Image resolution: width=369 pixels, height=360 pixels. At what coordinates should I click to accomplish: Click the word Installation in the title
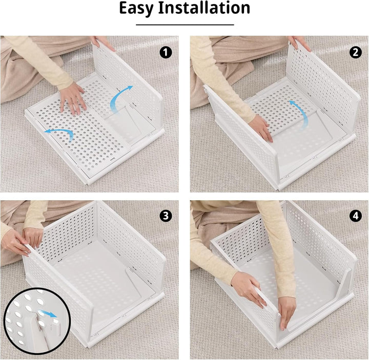(x=204, y=8)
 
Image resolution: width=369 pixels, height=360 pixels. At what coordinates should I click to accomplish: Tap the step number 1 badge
(x=166, y=52)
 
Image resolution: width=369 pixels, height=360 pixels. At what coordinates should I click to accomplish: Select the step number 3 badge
(x=166, y=216)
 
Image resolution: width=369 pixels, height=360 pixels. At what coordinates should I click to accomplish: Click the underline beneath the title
(x=184, y=25)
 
